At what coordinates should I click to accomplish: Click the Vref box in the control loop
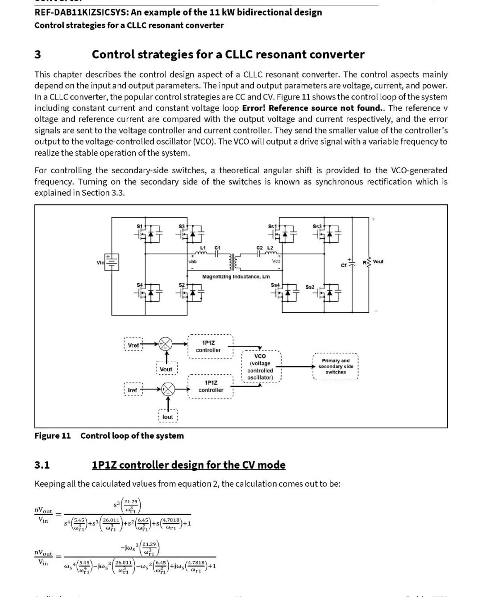pyautogui.click(x=133, y=345)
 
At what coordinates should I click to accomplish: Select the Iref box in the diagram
pyautogui.click(x=133, y=390)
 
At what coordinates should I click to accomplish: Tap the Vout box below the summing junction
pyautogui.click(x=166, y=369)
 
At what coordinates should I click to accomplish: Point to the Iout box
pyautogui.click(x=167, y=417)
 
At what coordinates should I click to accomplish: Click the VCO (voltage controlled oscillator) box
pyautogui.click(x=260, y=367)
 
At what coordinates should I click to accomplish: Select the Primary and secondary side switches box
pyautogui.click(x=336, y=366)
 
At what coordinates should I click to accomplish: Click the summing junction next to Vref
pyautogui.click(x=166, y=344)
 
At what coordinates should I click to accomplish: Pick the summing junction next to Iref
pyautogui.click(x=167, y=389)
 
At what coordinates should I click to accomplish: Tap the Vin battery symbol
pyautogui.click(x=112, y=262)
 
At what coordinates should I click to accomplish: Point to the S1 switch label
pyautogui.click(x=139, y=226)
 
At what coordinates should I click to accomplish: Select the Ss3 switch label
pyautogui.click(x=317, y=226)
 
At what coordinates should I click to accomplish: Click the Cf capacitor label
pyautogui.click(x=344, y=265)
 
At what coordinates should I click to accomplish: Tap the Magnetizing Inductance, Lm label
pyautogui.click(x=236, y=277)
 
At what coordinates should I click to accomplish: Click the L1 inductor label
pyautogui.click(x=203, y=248)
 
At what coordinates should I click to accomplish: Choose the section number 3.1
pyautogui.click(x=42, y=465)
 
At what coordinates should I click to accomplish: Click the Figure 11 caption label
pyautogui.click(x=53, y=436)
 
